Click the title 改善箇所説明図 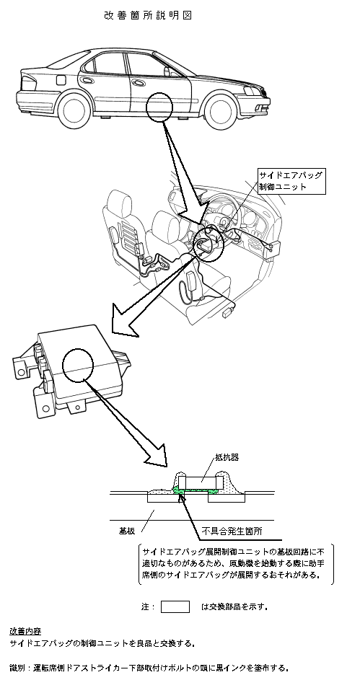tap(148, 15)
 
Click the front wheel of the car tap(220, 112)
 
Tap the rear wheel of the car tap(74, 111)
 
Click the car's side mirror tap(168, 71)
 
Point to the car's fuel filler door tap(61, 80)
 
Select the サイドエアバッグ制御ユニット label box tap(292, 181)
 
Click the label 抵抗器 tap(227, 457)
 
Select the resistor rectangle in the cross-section tap(201, 482)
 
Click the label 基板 tap(127, 531)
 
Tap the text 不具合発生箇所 tap(232, 531)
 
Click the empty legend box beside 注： tap(175, 606)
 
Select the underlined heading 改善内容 tap(25, 631)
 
